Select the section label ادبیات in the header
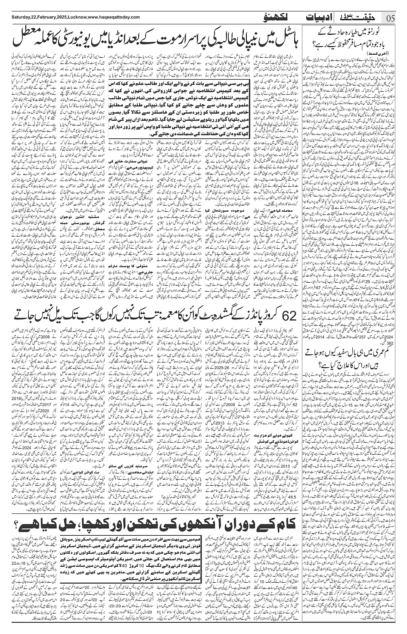pos(318,18)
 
